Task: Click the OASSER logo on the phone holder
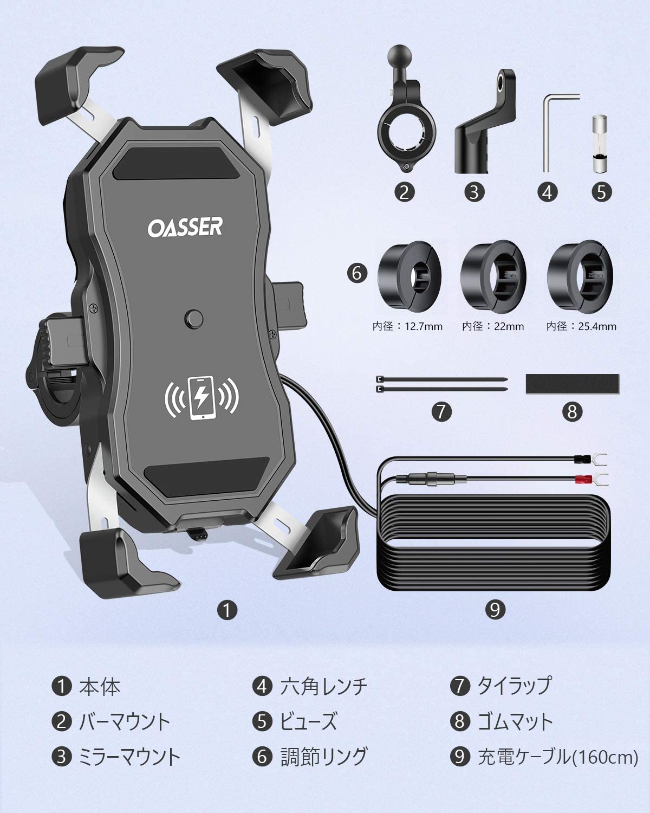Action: [185, 227]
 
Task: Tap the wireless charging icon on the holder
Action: [201, 397]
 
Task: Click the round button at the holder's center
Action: [194, 319]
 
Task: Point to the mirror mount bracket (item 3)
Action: [485, 121]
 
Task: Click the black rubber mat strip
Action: [572, 384]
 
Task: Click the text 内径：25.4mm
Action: [581, 326]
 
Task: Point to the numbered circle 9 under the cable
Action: [495, 610]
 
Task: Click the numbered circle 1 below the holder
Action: [227, 610]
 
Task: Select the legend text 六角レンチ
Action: [324, 686]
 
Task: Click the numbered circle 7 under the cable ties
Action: [441, 412]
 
